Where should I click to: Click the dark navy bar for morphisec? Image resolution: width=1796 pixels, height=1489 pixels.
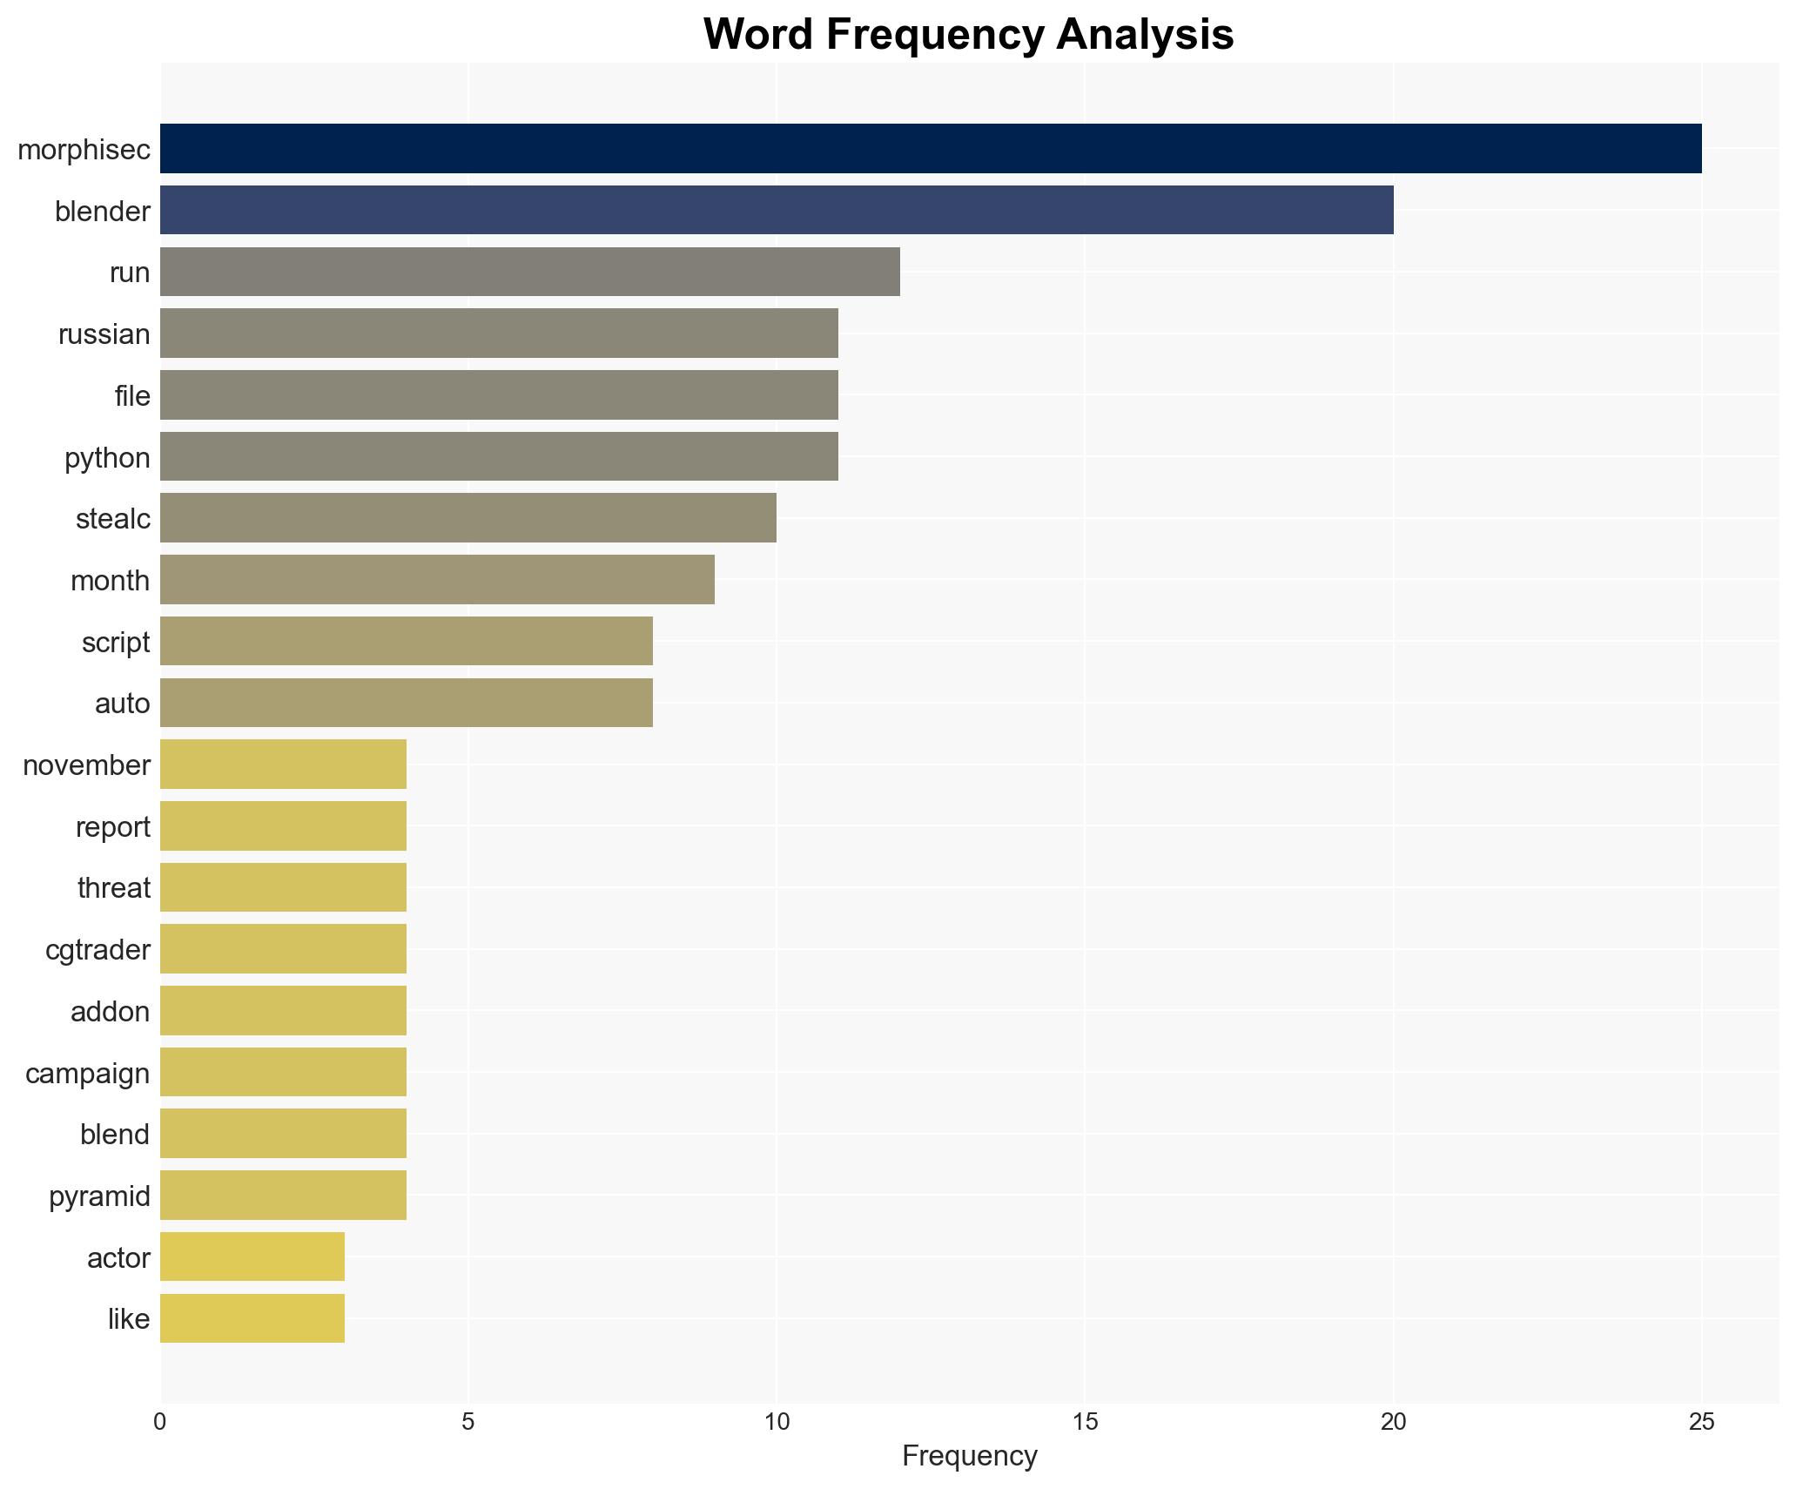pyautogui.click(x=930, y=148)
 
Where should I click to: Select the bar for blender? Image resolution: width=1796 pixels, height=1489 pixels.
pyautogui.click(x=776, y=210)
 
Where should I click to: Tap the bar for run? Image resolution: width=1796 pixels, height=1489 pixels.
pyautogui.click(x=529, y=272)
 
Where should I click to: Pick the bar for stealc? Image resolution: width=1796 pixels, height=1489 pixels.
pyautogui.click(x=467, y=518)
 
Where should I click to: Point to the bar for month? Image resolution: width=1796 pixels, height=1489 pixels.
pyautogui.click(x=437, y=580)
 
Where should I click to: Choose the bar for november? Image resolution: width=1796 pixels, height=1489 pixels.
pyautogui.click(x=283, y=765)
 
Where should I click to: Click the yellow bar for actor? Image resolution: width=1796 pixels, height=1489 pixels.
pyautogui.click(x=252, y=1257)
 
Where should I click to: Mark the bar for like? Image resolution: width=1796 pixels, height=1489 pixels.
pyautogui.click(x=252, y=1318)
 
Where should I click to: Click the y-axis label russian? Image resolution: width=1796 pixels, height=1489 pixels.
pyautogui.click(x=104, y=334)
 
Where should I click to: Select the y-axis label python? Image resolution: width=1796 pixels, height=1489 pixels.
pyautogui.click(x=107, y=458)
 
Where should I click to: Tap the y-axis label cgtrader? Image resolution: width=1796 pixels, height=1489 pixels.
pyautogui.click(x=98, y=950)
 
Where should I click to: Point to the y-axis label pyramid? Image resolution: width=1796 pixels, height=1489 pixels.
pyautogui.click(x=99, y=1196)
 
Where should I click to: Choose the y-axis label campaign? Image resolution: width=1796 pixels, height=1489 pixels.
pyautogui.click(x=87, y=1074)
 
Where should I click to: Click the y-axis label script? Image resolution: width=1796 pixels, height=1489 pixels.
pyautogui.click(x=116, y=643)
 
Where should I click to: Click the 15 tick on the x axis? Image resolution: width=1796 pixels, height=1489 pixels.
pyautogui.click(x=1085, y=1422)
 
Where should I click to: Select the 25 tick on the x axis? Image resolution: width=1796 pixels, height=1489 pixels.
pyautogui.click(x=1701, y=1422)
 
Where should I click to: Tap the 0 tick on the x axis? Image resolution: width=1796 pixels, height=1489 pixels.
pyautogui.click(x=160, y=1422)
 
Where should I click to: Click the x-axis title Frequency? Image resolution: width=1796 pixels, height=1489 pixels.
pyautogui.click(x=969, y=1456)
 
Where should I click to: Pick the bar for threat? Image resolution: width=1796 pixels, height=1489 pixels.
pyautogui.click(x=283, y=887)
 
